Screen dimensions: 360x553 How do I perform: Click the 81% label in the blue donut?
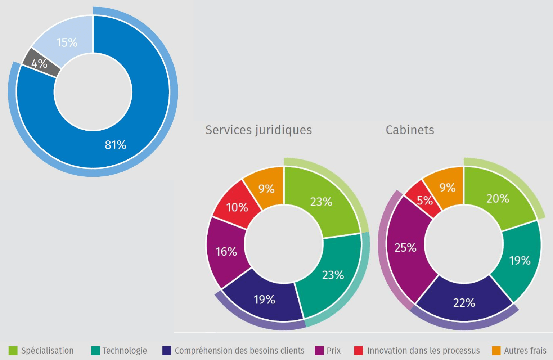[x=116, y=145]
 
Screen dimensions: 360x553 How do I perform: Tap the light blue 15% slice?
[x=67, y=42]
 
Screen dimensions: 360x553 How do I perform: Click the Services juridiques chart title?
[x=258, y=130]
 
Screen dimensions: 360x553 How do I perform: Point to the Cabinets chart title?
[x=410, y=130]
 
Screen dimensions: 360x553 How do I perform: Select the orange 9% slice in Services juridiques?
[x=266, y=188]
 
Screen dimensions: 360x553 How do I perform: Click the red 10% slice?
[x=237, y=207]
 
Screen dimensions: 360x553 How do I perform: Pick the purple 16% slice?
[x=226, y=251]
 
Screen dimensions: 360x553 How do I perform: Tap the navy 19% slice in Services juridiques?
[x=264, y=300]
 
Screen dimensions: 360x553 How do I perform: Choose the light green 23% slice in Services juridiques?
[x=321, y=202]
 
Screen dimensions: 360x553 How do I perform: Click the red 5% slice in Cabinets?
[x=424, y=201]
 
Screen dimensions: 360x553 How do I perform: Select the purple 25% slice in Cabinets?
[x=405, y=248]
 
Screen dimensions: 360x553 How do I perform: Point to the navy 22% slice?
[x=464, y=303]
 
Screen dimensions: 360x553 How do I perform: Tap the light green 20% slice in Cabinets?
[x=498, y=198]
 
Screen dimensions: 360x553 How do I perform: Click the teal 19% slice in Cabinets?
[x=520, y=260]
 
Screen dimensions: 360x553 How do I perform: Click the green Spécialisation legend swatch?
[x=13, y=351]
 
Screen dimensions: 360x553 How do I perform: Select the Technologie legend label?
[x=125, y=351]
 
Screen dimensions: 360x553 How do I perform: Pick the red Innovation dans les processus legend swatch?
[x=359, y=351]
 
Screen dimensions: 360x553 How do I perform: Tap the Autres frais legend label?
[x=525, y=351]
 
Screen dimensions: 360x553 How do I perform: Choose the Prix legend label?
[x=333, y=351]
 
